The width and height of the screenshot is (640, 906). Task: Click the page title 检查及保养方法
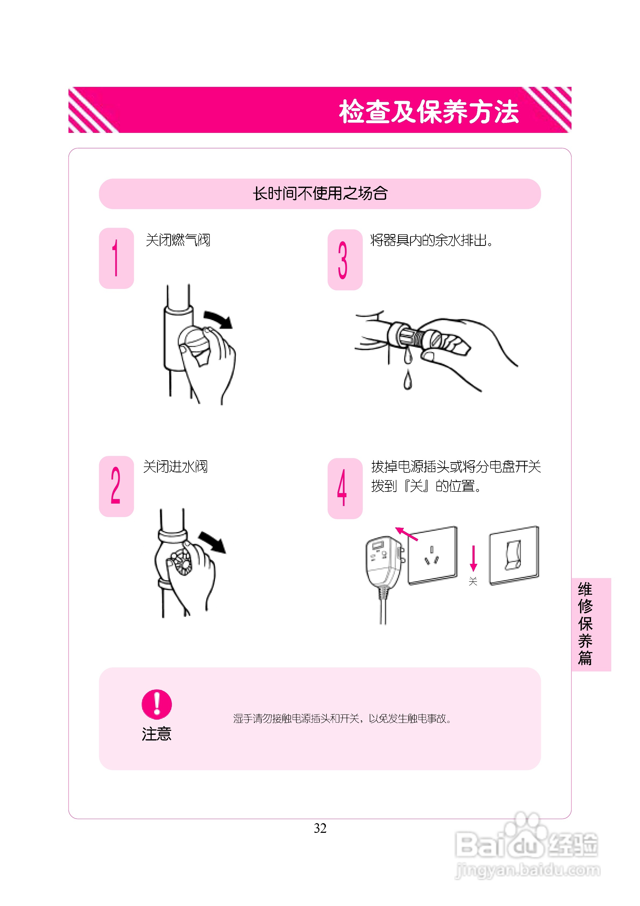pos(429,111)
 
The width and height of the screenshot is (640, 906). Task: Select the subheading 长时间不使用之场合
pos(320,193)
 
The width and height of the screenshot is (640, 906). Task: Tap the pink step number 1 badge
pos(116,258)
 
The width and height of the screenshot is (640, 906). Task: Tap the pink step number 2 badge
pos(116,486)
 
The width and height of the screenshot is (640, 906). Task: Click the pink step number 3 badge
pos(345,260)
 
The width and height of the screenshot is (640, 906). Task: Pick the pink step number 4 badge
pos(345,489)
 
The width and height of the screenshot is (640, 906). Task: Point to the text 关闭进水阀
pos(175,466)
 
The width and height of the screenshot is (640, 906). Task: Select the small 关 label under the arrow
pos(473,581)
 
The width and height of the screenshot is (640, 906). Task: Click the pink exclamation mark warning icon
pos(157,704)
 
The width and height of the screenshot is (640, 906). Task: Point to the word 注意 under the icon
pos(157,734)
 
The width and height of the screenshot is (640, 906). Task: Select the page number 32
pos(320,828)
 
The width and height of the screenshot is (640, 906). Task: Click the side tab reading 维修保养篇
pos(591,624)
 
